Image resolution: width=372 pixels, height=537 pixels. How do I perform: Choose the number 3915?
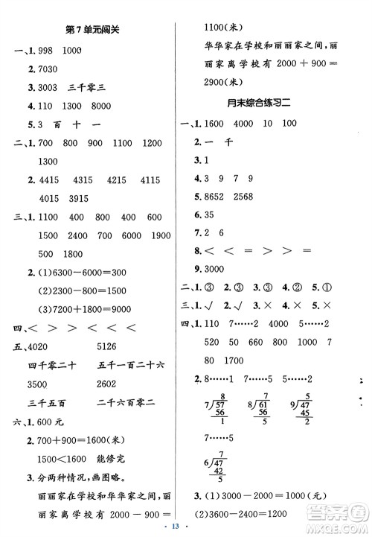pyautogui.click(x=76, y=199)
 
